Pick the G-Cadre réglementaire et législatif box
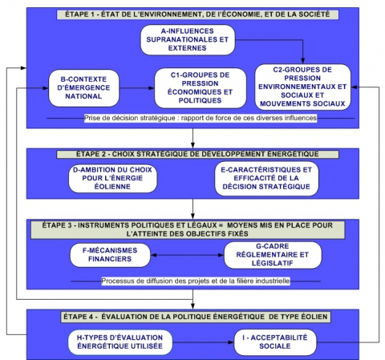pos(269,255)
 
